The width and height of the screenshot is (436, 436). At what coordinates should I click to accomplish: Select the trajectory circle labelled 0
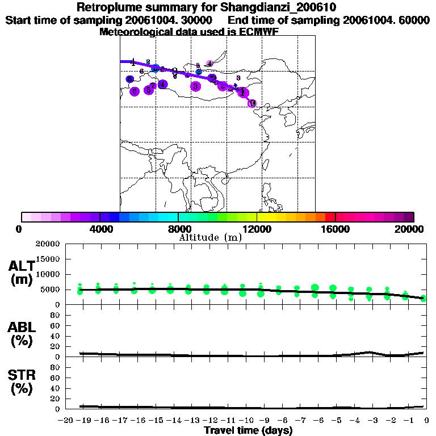point(253,103)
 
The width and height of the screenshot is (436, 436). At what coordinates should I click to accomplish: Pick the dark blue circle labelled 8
point(130,79)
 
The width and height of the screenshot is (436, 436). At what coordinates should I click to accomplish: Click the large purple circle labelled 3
point(196,86)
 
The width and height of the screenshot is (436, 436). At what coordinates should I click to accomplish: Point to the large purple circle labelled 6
point(135,91)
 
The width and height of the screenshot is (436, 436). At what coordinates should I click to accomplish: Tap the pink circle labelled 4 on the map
point(209,64)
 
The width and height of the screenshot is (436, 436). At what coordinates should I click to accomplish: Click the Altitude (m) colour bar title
point(210,237)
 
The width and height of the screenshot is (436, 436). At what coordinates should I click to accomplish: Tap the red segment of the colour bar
point(329,217)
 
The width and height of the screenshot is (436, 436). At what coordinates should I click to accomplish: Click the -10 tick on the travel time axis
point(246,421)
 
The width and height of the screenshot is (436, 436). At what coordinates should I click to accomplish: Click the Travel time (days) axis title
point(248,431)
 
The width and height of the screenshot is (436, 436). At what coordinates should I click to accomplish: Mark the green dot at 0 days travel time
point(424,298)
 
